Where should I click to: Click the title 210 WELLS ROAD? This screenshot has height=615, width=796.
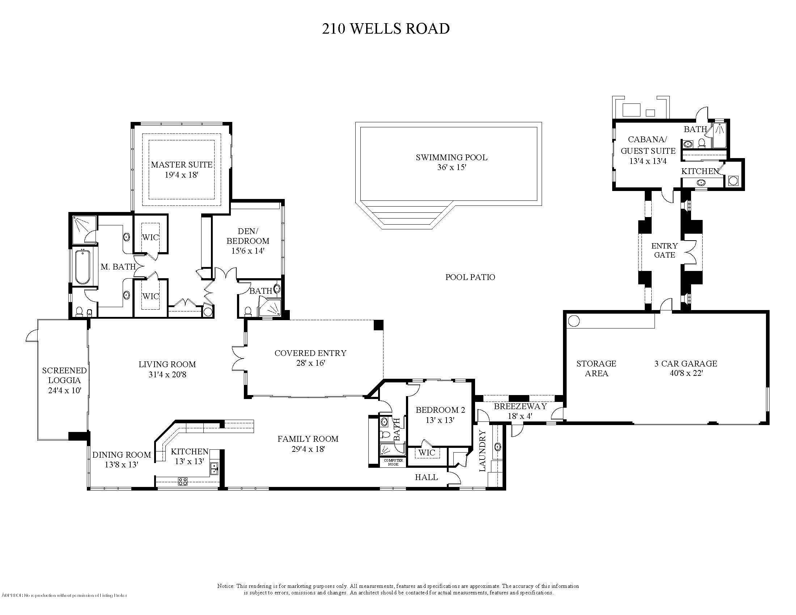point(386,29)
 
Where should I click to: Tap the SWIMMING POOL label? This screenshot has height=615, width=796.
point(451,157)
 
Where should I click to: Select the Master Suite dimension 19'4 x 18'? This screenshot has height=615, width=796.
point(181,175)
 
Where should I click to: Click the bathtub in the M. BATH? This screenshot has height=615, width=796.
point(83,267)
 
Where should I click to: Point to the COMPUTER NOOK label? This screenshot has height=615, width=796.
point(393,462)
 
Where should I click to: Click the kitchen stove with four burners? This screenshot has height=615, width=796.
point(183,481)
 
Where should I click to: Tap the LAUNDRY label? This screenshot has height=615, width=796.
point(483,451)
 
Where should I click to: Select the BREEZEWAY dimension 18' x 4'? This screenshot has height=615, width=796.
point(520,416)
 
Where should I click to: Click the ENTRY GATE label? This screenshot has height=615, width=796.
point(664,250)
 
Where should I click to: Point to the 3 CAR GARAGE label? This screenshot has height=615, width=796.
point(686,363)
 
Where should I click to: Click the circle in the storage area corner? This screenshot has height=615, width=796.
point(573,321)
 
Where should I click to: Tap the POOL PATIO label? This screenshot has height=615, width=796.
point(470,277)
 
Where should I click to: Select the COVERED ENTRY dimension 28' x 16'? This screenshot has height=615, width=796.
point(310,363)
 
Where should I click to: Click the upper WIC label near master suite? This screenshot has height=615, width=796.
point(151,237)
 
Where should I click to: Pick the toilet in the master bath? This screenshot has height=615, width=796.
point(79,312)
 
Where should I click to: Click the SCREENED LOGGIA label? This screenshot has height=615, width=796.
point(64,375)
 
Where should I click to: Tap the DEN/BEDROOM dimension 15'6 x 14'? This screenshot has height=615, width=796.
point(247,251)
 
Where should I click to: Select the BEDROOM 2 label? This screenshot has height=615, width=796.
point(440,410)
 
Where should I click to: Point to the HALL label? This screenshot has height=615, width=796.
point(426,477)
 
